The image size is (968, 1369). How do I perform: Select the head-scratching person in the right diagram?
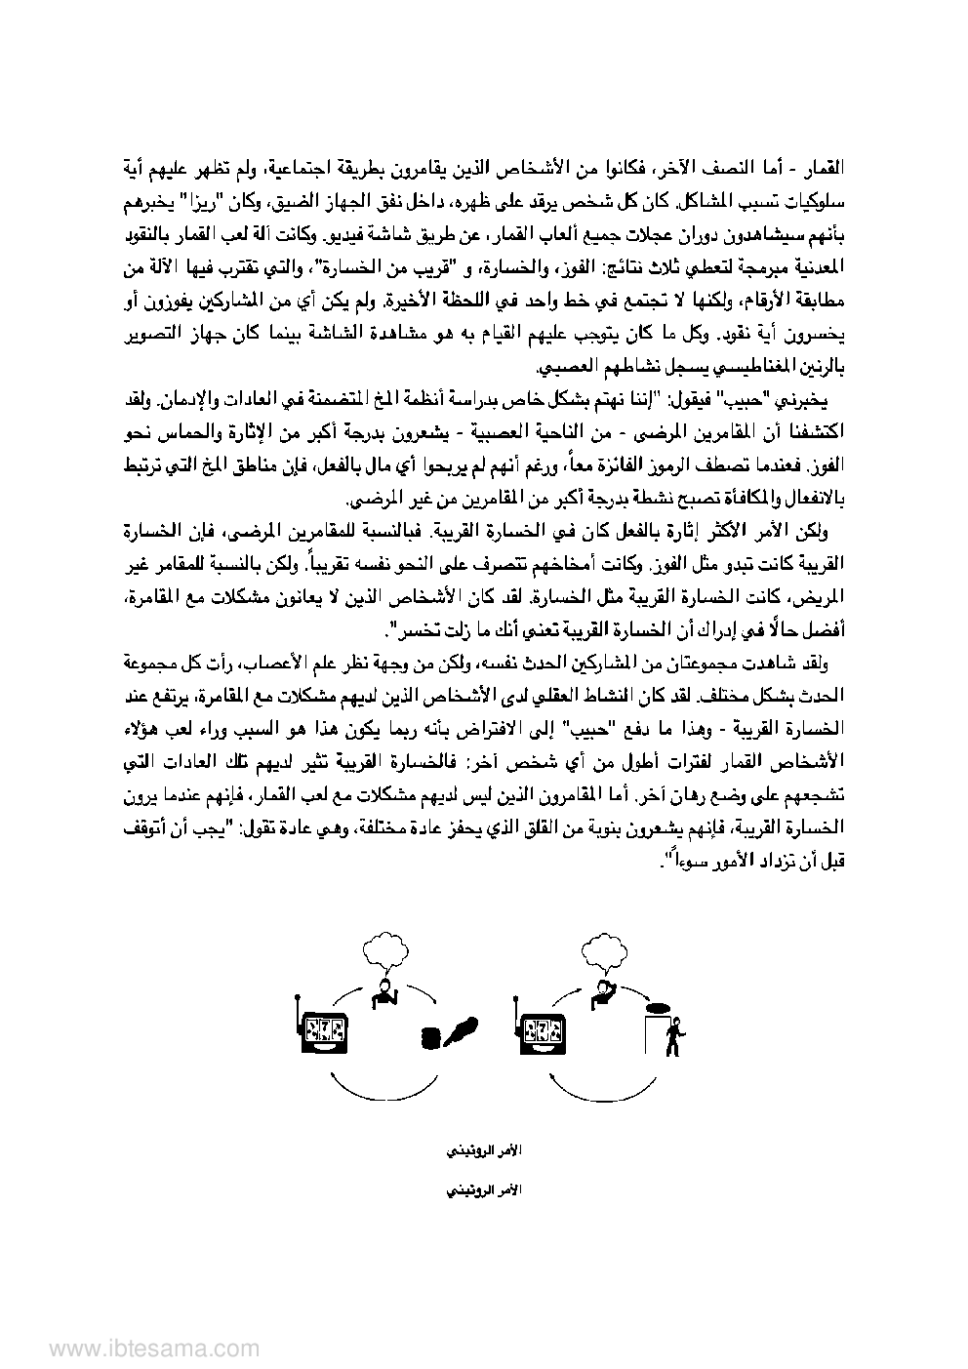click(x=605, y=993)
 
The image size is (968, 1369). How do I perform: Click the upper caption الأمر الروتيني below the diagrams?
click(x=483, y=1151)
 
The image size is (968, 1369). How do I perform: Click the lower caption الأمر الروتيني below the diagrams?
click(x=483, y=1191)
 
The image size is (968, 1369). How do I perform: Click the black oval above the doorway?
click(x=659, y=1005)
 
